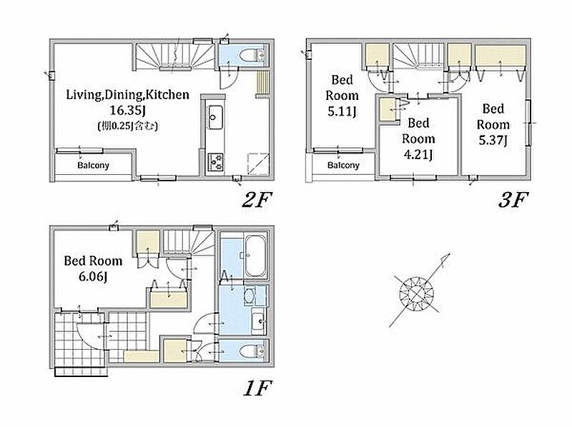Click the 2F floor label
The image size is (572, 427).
tap(257, 200)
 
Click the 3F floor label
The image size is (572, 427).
tap(513, 200)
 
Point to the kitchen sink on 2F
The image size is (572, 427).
tap(214, 117)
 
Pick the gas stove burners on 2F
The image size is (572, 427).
tap(215, 162)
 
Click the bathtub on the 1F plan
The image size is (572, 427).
tap(255, 256)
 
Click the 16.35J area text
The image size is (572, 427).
tap(127, 111)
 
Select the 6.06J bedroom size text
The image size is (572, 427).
tap(93, 276)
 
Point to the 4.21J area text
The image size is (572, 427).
tap(418, 154)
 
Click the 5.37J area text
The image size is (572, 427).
tap(493, 140)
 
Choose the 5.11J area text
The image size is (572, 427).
tap(342, 111)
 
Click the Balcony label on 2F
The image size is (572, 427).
tap(93, 166)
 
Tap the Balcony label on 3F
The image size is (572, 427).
tap(343, 166)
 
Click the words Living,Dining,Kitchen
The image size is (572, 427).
tap(127, 95)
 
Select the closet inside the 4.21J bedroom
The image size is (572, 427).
tap(388, 109)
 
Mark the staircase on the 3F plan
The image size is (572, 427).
tap(419, 56)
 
